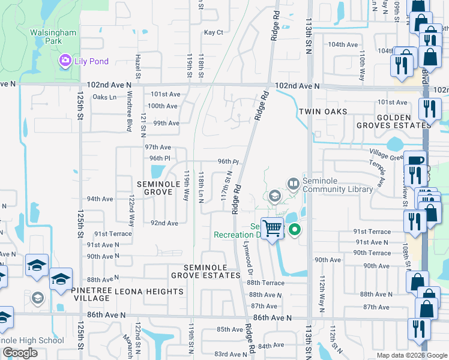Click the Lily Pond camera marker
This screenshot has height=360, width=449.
coord(64,60)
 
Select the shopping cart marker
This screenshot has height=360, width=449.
coord(273,228)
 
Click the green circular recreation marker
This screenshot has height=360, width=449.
coord(295,229)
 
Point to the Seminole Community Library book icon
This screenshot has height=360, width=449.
coord(294,182)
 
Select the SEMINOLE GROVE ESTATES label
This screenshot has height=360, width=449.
coord(205,271)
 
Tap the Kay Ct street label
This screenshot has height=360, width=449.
coord(213,32)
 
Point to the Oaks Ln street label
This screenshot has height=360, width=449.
coord(104,97)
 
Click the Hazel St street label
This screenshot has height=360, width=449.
coord(137,66)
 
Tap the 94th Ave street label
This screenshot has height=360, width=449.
coord(100,199)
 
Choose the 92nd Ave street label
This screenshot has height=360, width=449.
coord(164,223)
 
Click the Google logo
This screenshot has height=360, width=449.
coord(20,353)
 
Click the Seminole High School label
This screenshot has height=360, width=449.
coord(31,341)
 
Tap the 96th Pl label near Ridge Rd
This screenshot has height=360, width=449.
coord(228,162)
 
